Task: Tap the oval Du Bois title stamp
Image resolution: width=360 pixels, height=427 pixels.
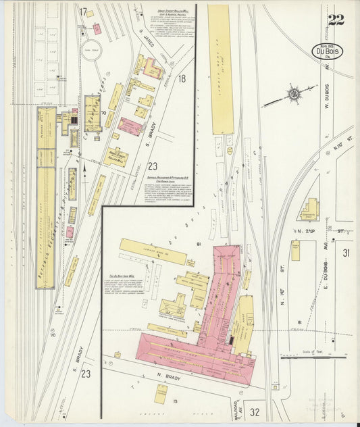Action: pos(328,51)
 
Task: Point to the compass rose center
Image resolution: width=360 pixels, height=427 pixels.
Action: pos(294,94)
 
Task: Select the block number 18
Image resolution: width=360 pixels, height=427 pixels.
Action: pos(181,79)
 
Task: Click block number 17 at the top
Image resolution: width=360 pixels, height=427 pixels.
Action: pos(84,11)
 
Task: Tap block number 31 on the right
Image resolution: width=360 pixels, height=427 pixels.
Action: pos(346,253)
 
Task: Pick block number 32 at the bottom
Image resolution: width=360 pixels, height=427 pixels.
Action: pos(254,411)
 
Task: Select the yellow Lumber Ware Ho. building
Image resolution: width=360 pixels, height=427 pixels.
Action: pos(153,251)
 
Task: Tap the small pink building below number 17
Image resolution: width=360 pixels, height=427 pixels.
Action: pos(97,29)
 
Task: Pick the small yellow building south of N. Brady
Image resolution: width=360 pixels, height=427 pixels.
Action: pos(161,393)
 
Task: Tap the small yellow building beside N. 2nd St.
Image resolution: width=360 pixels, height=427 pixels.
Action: pos(296,251)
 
